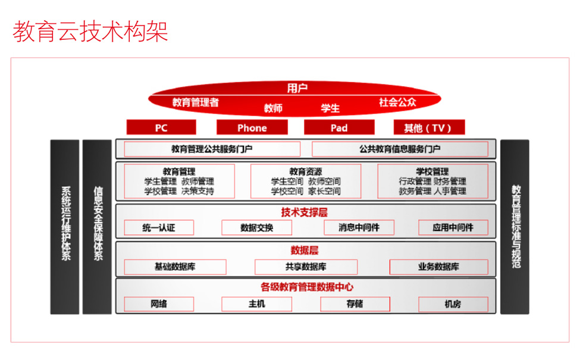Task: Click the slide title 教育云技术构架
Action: point(90,31)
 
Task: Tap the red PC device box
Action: point(161,127)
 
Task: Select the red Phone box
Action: point(252,127)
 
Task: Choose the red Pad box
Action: point(339,127)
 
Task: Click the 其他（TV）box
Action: point(429,127)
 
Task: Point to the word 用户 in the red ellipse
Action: point(297,88)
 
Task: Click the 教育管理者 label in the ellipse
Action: point(196,102)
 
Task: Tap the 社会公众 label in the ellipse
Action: point(397,102)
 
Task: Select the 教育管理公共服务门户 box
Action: point(212,149)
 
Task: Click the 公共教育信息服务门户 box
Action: point(400,149)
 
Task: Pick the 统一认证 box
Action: point(159,227)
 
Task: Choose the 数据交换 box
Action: point(256,227)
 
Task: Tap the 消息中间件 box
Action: point(359,227)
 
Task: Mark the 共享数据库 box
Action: point(306,267)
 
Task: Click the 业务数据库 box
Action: point(439,267)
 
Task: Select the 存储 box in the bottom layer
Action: point(355,304)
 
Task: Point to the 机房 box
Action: point(453,304)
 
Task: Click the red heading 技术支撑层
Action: point(304,212)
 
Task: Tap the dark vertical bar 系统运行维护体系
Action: point(65,227)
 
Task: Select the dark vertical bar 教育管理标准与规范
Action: point(515,227)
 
